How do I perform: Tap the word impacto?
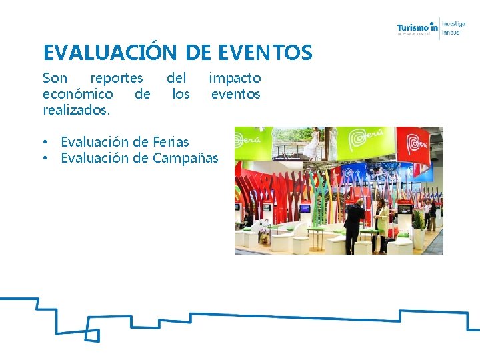click(235, 78)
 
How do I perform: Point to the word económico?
click(78, 94)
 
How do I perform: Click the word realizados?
click(75, 109)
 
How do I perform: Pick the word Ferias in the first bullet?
click(171, 142)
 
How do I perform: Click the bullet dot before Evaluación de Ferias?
click(46, 142)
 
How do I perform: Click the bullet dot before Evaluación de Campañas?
click(46, 158)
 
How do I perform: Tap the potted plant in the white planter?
click(418, 227)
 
